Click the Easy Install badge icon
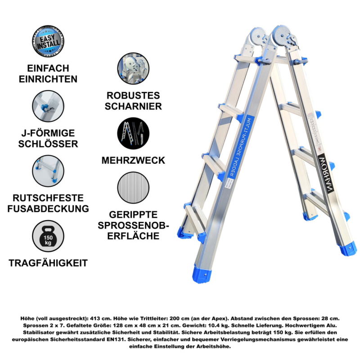[x=48, y=41]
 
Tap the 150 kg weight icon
[x=48, y=236]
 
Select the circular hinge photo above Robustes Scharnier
[x=133, y=68]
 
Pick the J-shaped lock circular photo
[x=48, y=106]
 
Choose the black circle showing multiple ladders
[x=133, y=133]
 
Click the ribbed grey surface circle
[x=133, y=188]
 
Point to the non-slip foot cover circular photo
[x=48, y=171]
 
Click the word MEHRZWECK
[x=133, y=161]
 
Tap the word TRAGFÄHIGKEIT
[x=48, y=263]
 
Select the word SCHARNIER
[x=133, y=106]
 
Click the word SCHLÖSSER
[x=48, y=144]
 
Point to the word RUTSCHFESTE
[x=48, y=198]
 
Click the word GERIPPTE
[x=133, y=215]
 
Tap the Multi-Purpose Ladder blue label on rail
[x=241, y=147]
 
